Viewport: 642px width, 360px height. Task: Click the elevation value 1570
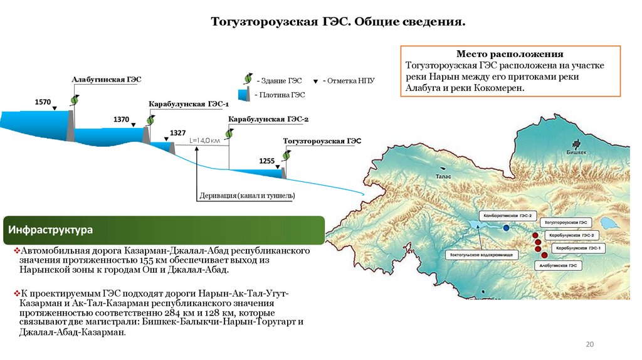pos(43,101)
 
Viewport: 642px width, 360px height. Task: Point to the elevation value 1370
pos(121,119)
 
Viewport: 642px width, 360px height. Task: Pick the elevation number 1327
pos(178,133)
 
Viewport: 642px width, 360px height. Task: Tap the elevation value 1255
pos(266,161)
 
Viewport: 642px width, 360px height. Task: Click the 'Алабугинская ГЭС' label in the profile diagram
pos(107,80)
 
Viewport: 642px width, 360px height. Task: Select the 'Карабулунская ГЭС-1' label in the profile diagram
pos(189,103)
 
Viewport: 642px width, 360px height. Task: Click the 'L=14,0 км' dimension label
pos(205,141)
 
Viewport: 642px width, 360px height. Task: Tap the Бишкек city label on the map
pos(576,152)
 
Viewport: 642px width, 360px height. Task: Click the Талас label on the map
pos(443,177)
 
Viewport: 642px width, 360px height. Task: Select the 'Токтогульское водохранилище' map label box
pos(481,255)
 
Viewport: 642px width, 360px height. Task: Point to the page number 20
pos(589,344)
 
